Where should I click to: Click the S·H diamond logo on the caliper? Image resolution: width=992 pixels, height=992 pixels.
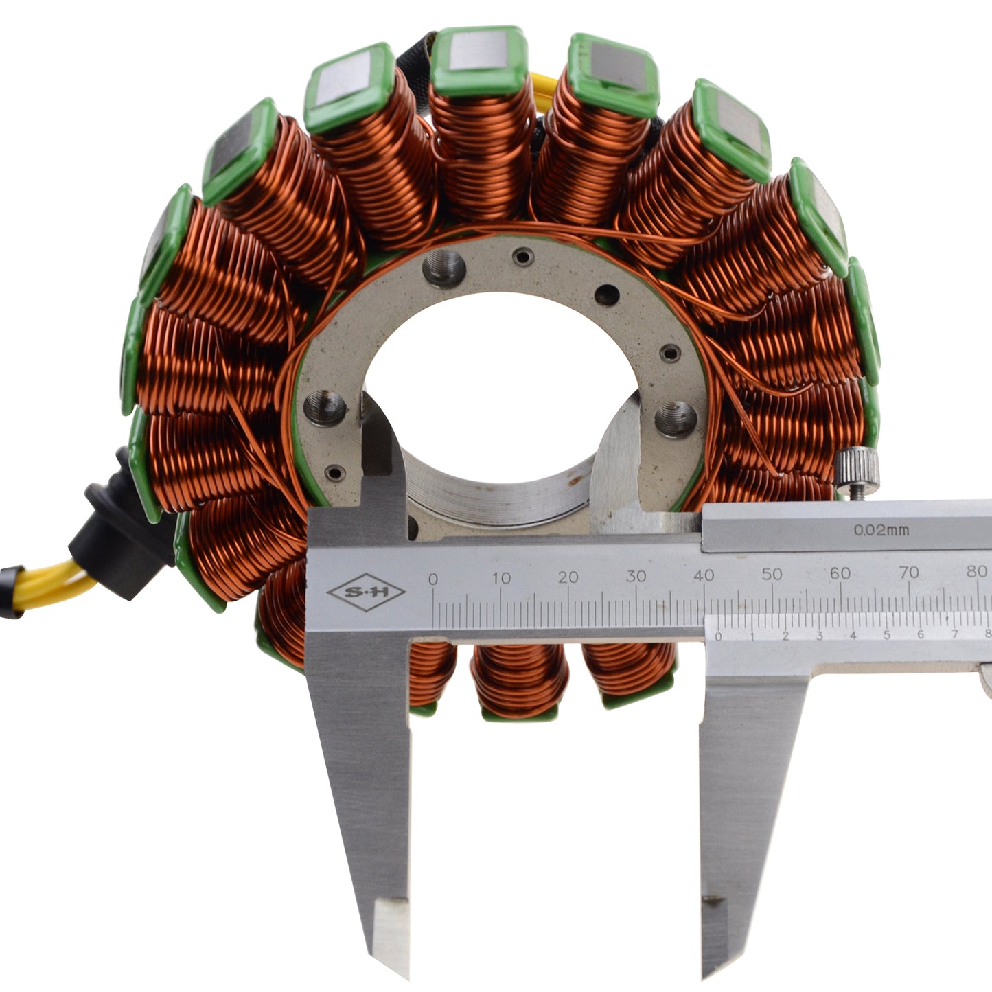pos(366,592)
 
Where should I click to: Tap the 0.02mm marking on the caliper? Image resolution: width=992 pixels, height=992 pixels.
pos(881,530)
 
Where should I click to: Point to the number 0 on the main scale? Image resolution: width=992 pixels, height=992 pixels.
pos(433,579)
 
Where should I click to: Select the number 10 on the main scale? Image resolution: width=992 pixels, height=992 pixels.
pos(501,578)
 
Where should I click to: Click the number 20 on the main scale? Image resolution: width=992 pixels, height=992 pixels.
pos(568,577)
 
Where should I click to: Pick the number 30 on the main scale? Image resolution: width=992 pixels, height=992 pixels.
pos(636,576)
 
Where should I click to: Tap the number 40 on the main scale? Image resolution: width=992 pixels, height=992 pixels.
pos(703,575)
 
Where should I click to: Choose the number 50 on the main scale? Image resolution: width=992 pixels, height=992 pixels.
pos(772,574)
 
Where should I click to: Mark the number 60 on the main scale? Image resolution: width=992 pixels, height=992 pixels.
pos(840,573)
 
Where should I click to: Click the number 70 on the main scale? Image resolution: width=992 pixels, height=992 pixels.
pos(909,572)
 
